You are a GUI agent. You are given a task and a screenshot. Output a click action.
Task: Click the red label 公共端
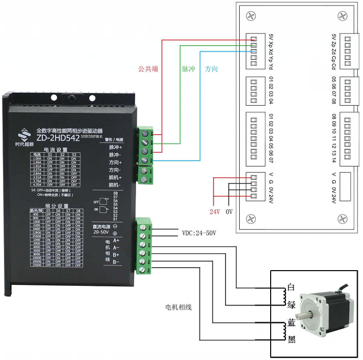click(x=148, y=69)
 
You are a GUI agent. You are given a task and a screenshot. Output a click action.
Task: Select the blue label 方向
click(x=211, y=69)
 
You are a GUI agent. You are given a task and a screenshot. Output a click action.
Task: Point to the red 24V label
click(x=214, y=212)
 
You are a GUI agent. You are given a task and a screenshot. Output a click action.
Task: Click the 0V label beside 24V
click(x=229, y=212)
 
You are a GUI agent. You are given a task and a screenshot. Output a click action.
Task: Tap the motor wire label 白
click(x=291, y=288)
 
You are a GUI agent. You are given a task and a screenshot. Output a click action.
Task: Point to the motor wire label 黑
click(x=291, y=339)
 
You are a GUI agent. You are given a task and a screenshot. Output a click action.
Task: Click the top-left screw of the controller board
click(x=251, y=16)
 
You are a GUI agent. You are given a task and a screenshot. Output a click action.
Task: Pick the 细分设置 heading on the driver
click(x=56, y=205)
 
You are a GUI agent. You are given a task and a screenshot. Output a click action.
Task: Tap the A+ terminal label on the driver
click(x=116, y=241)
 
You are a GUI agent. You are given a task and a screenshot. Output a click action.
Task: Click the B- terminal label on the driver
click(x=116, y=262)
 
